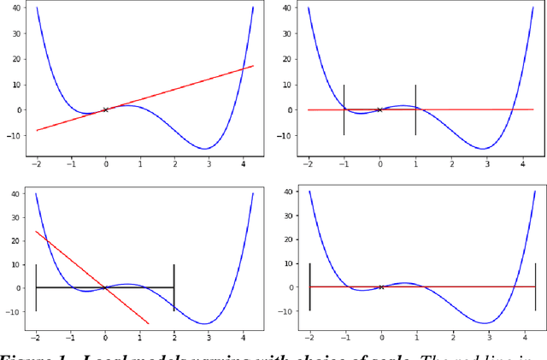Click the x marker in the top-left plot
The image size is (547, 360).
[105, 109]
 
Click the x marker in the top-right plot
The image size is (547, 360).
[379, 109]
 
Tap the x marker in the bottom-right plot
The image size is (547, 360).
[380, 287]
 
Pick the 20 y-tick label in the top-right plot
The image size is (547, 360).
[291, 59]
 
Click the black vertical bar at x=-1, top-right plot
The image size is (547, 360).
[344, 109]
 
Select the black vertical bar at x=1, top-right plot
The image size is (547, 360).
[415, 109]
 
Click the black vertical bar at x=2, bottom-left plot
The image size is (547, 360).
[174, 287]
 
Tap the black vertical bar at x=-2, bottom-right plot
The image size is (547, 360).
[309, 287]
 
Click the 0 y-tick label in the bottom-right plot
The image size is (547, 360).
[295, 287]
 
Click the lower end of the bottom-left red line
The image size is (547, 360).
[149, 323]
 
